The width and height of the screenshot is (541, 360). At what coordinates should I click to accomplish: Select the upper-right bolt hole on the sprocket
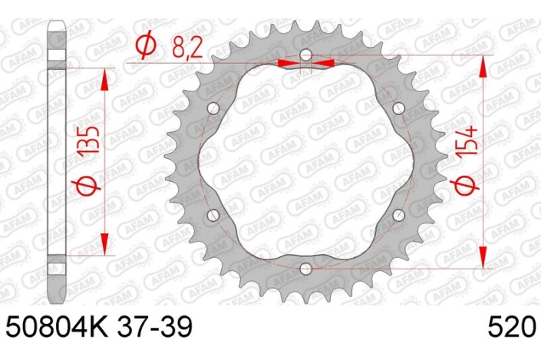coord(398,109)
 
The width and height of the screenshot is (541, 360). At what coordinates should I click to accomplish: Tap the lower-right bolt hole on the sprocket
coord(398,215)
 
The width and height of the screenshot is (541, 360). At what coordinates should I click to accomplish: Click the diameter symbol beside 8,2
coord(146,48)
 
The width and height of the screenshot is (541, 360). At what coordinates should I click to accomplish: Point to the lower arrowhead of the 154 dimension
coord(483,256)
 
